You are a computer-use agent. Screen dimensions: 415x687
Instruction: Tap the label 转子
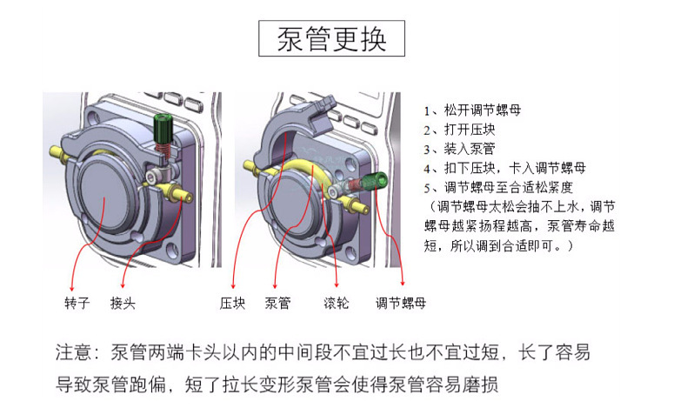point(77,304)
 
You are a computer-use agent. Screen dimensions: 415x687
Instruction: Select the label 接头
point(123,304)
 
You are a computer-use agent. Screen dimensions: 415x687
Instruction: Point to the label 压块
point(232,304)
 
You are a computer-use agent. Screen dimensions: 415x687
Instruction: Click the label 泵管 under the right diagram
point(277,304)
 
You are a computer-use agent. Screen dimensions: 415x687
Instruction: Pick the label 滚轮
point(337,304)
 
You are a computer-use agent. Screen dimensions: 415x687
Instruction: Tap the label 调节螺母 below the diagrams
point(401,304)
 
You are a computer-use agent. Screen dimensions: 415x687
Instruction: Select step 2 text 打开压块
point(461,130)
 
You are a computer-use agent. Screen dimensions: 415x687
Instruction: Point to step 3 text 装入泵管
point(461,149)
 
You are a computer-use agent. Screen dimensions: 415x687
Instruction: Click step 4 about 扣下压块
point(504,168)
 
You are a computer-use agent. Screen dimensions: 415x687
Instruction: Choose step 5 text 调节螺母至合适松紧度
point(504,187)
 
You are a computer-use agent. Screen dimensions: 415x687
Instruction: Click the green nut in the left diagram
point(162,131)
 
